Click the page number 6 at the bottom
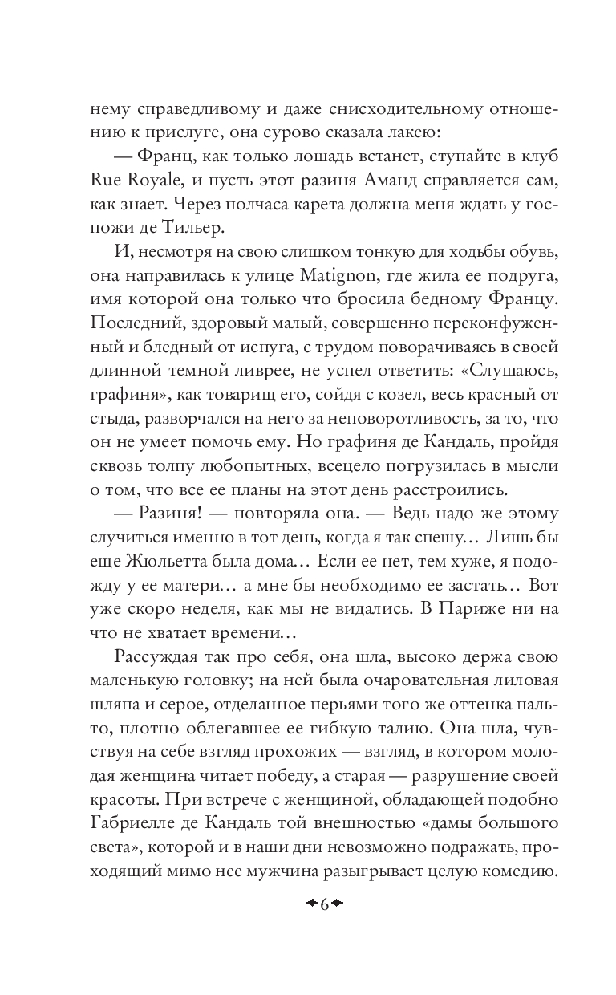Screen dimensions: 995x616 point(325,906)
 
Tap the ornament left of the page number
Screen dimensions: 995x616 point(309,906)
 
